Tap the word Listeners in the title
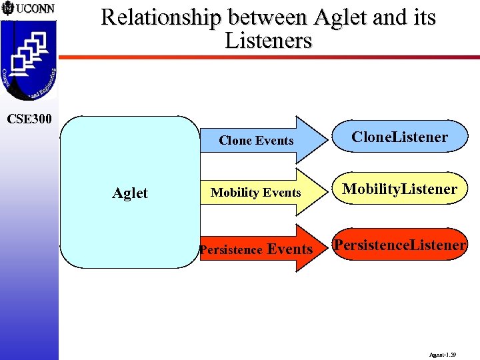click(268, 41)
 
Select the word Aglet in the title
click(334, 18)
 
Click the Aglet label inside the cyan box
click(130, 193)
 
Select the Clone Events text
click(256, 141)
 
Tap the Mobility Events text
click(256, 193)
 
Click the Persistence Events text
click(256, 249)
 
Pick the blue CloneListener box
click(400, 137)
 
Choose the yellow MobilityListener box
click(400, 189)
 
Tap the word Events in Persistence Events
click(289, 249)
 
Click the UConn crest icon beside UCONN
click(7, 9)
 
